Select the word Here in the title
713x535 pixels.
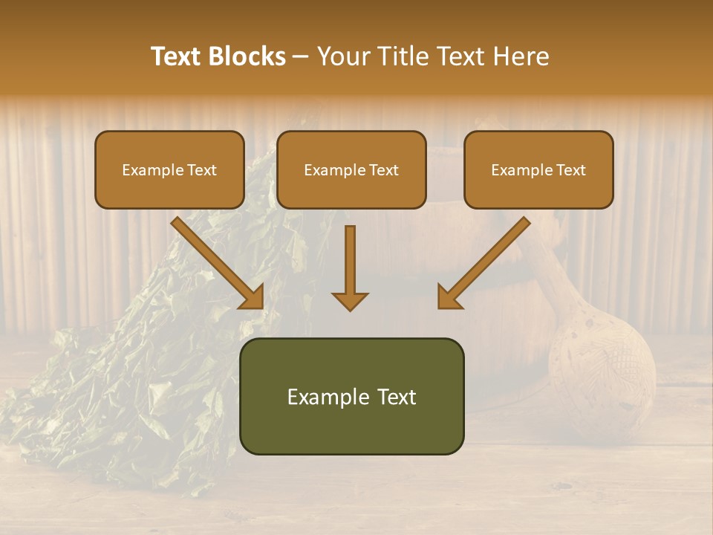(521, 56)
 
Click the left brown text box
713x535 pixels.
(169, 170)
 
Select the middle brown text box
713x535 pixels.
(351, 170)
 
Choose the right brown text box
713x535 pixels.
(538, 170)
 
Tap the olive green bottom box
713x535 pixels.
(351, 397)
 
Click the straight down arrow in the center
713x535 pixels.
(350, 260)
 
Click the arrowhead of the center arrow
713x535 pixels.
(350, 301)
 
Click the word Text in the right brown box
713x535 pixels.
(570, 170)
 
